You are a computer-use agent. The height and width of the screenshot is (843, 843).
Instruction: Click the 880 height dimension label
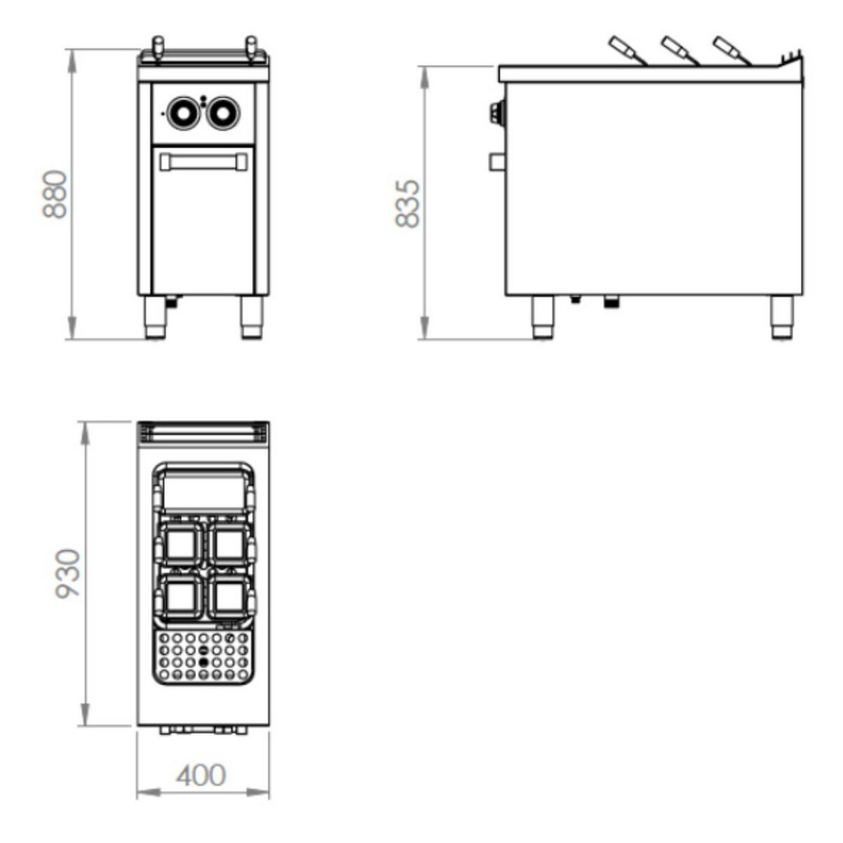[x=55, y=194]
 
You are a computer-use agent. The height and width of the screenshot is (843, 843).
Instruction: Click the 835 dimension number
[x=408, y=204]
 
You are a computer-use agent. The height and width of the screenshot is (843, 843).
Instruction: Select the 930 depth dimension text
[x=68, y=573]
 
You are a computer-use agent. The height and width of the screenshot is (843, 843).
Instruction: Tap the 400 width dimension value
[x=201, y=775]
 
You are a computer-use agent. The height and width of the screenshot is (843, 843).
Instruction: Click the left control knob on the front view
[x=182, y=113]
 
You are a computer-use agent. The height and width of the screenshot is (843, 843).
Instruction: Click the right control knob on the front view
[x=223, y=113]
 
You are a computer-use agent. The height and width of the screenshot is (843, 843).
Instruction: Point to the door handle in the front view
[x=204, y=162]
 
